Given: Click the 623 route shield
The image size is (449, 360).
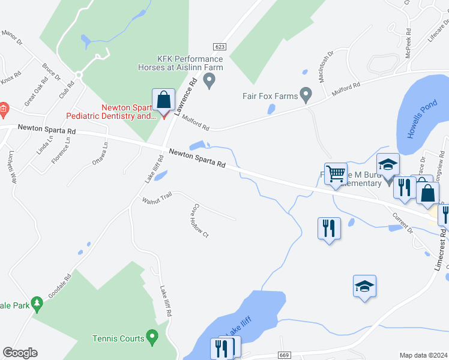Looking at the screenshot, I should (x=220, y=47).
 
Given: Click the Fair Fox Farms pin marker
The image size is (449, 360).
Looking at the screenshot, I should (x=306, y=95).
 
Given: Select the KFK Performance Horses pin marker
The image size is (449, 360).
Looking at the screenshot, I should (x=209, y=81).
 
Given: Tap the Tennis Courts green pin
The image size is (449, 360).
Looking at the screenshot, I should (x=152, y=338).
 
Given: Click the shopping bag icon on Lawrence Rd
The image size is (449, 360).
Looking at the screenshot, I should (x=163, y=100).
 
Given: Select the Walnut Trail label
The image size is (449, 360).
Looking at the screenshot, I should (x=157, y=197).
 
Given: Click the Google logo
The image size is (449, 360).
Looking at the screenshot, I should (x=20, y=353).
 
